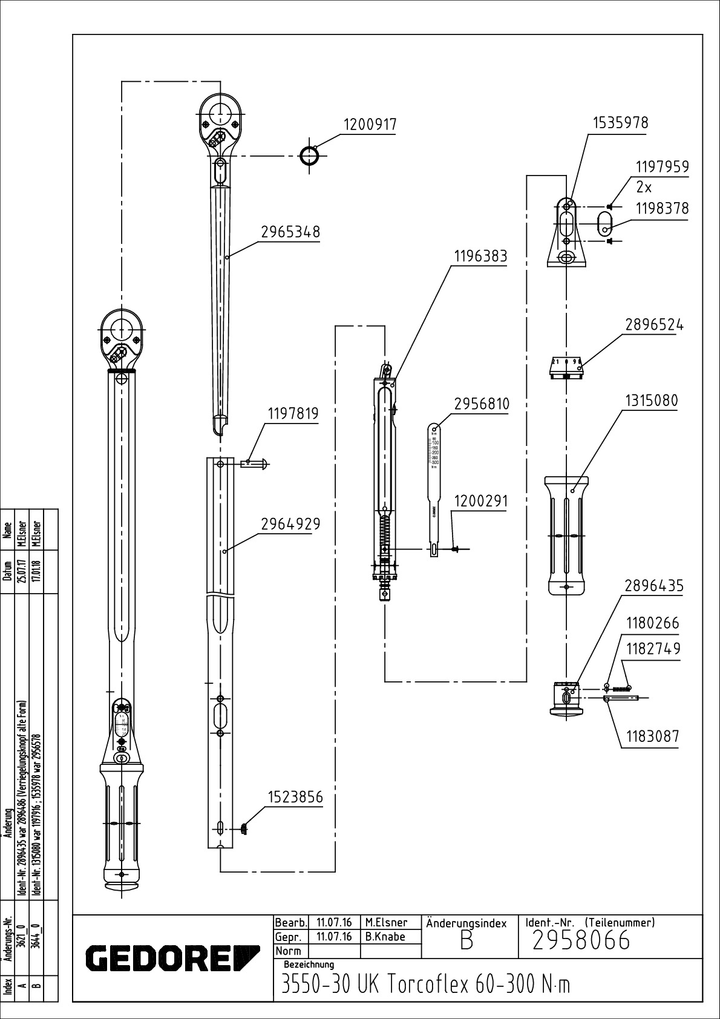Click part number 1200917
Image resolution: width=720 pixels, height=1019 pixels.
pyautogui.click(x=370, y=125)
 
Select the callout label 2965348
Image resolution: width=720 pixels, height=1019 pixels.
pyautogui.click(x=290, y=232)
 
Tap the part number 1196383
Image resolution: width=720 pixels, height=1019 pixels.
pyautogui.click(x=480, y=257)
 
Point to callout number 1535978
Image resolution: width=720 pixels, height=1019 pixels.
pyautogui.click(x=620, y=123)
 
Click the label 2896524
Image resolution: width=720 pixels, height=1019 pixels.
pyautogui.click(x=654, y=325)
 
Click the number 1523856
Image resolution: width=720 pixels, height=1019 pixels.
pyautogui.click(x=295, y=798)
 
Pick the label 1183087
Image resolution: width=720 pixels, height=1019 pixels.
pyautogui.click(x=652, y=736)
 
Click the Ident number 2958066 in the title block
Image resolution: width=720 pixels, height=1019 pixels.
pyautogui.click(x=581, y=941)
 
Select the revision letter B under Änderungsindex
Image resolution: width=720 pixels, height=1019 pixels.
pyautogui.click(x=466, y=942)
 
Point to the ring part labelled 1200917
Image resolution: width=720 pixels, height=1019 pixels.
pyautogui.click(x=310, y=156)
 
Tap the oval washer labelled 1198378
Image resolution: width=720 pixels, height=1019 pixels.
pyautogui.click(x=606, y=222)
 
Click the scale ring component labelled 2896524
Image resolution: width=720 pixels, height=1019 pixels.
pyautogui.click(x=565, y=367)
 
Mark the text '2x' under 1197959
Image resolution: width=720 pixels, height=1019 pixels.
pyautogui.click(x=644, y=187)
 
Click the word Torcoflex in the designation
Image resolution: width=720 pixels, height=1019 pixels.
pyautogui.click(x=426, y=985)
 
